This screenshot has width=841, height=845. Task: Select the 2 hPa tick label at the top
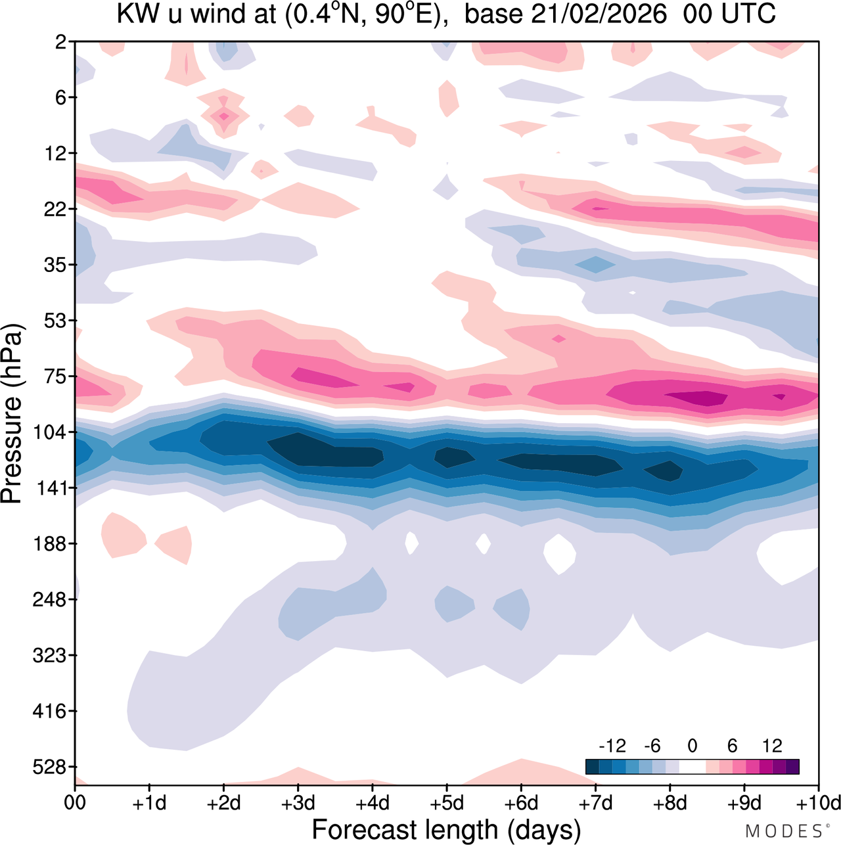(x=61, y=42)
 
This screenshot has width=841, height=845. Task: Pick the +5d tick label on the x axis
(x=446, y=803)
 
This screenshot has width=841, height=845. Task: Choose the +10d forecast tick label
(x=817, y=803)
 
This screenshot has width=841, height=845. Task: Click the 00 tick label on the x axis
(x=75, y=803)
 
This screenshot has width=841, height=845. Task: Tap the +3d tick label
(x=298, y=803)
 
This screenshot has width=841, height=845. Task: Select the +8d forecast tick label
(x=670, y=803)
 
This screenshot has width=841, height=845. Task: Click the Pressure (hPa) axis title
(x=12, y=414)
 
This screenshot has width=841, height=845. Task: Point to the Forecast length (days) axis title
(x=446, y=829)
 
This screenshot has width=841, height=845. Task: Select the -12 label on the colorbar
(x=612, y=746)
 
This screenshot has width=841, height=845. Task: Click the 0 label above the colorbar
(x=693, y=746)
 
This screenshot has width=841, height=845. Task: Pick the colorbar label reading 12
(x=772, y=746)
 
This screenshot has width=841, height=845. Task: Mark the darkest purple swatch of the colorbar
(x=792, y=767)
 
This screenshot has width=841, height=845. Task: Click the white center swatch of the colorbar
(x=693, y=767)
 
